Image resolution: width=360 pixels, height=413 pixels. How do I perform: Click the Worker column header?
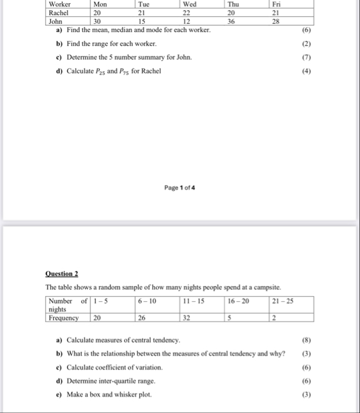tap(59, 4)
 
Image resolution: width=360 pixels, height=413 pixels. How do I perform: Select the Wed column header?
tap(189, 4)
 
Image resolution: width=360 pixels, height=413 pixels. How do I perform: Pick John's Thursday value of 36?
tap(231, 20)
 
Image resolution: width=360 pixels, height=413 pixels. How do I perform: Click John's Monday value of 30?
tap(97, 20)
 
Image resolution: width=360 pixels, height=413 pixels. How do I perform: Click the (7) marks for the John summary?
tap(306, 58)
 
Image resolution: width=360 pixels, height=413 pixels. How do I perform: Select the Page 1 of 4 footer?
tap(179, 188)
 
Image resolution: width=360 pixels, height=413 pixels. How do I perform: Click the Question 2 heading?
tap(62, 274)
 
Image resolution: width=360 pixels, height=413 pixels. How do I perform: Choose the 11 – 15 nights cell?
tap(193, 301)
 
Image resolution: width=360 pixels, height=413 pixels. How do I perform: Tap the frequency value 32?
tap(186, 318)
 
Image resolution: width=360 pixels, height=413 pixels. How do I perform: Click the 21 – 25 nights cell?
tap(283, 301)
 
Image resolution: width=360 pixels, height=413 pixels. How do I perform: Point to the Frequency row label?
tap(64, 318)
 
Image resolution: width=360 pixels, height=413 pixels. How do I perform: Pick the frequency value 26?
tap(142, 318)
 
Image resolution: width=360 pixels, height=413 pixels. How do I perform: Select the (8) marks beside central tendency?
tap(306, 340)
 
